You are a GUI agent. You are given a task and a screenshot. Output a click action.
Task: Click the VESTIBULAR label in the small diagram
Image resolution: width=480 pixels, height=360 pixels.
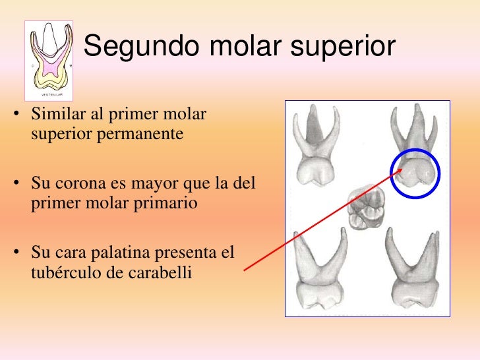(48, 94)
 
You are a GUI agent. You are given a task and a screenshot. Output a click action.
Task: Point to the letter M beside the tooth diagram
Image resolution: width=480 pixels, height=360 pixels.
(70, 66)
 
